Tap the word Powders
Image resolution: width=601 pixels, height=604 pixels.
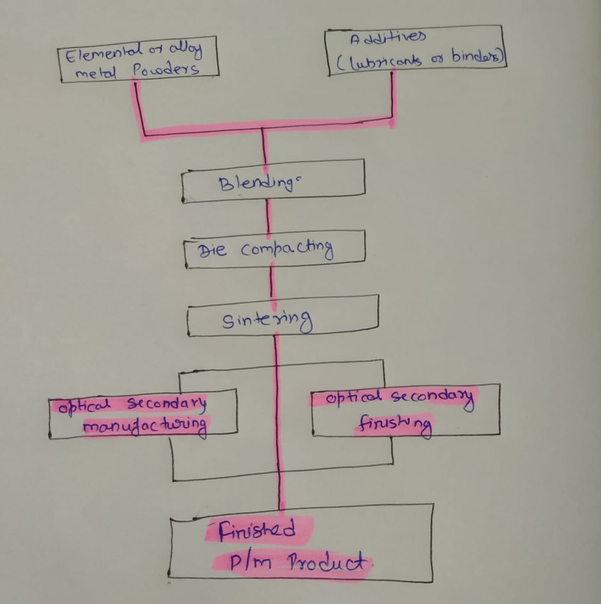pyautogui.click(x=166, y=70)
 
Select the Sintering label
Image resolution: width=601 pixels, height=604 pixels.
pyautogui.click(x=267, y=321)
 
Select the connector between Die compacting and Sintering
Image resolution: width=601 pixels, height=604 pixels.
pyautogui.click(x=272, y=281)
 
